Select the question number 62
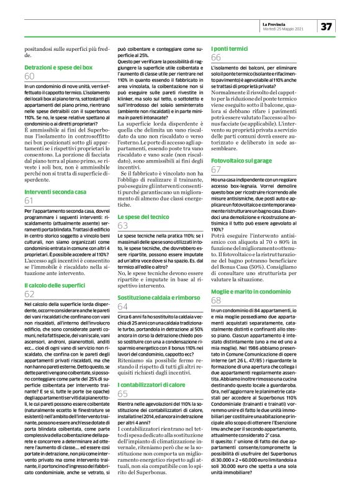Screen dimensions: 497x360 (30, 293)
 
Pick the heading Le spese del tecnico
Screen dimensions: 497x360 (143, 217)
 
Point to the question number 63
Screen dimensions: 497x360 (123, 226)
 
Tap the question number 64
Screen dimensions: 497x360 (123, 307)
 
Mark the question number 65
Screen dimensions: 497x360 (123, 376)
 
